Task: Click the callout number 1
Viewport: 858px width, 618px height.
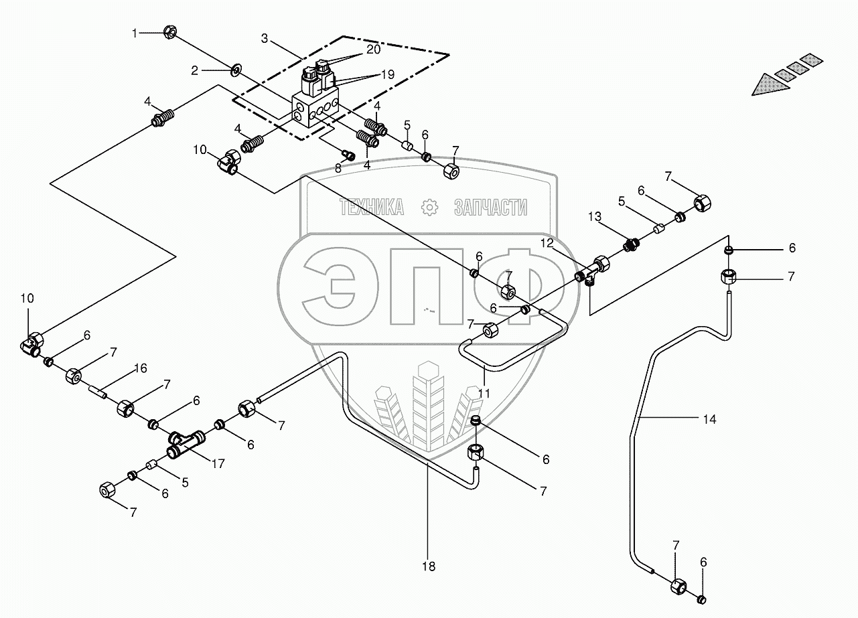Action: click(x=135, y=32)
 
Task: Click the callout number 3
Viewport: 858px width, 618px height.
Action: click(x=265, y=38)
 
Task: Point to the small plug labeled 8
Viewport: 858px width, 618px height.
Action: click(x=348, y=155)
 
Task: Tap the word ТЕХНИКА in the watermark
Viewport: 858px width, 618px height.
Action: click(x=372, y=208)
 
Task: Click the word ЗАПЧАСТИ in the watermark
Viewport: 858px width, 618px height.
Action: click(x=490, y=208)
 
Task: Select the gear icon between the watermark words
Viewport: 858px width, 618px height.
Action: click(x=429, y=208)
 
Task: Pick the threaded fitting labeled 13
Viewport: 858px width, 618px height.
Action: click(x=630, y=245)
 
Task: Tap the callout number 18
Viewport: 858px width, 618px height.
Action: click(x=429, y=566)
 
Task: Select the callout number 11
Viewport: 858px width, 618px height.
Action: click(x=484, y=394)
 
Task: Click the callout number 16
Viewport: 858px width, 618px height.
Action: click(x=140, y=368)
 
